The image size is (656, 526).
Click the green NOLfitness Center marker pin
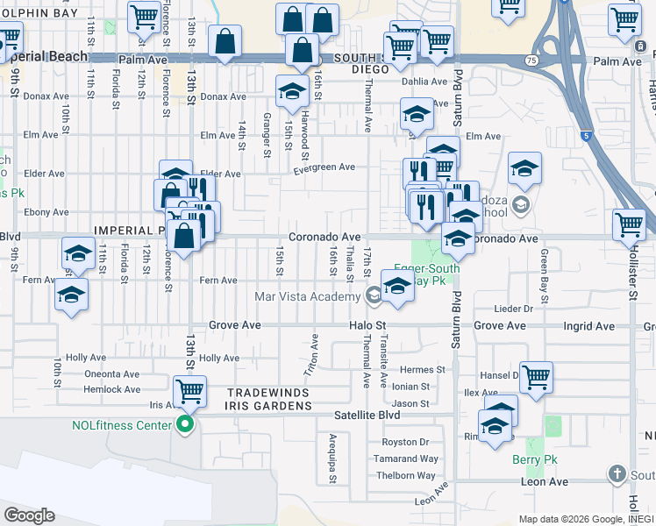click(x=184, y=427)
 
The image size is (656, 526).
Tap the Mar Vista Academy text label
click(x=306, y=296)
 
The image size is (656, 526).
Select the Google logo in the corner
click(x=29, y=515)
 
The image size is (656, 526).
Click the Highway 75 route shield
click(x=531, y=60)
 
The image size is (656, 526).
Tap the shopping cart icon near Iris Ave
click(x=189, y=391)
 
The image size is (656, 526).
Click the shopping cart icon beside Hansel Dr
click(x=536, y=377)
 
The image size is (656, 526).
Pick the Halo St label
click(x=367, y=325)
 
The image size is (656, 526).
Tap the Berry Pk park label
click(x=529, y=458)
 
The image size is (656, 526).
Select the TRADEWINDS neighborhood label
click(x=269, y=393)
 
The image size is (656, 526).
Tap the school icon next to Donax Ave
click(x=292, y=92)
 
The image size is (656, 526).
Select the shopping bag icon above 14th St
click(x=225, y=40)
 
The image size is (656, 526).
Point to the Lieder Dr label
click(x=514, y=309)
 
